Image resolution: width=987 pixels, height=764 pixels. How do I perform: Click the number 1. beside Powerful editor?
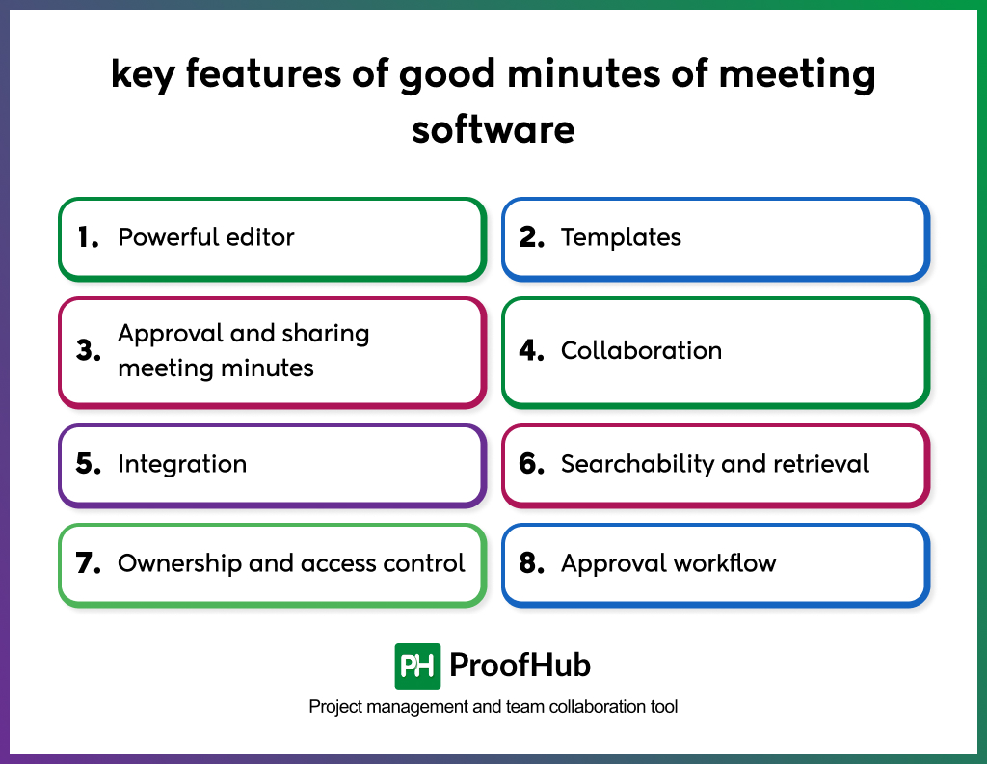point(88,237)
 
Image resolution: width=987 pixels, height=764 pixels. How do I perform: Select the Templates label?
point(621,237)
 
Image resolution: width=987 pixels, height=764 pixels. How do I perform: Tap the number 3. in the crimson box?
point(89,351)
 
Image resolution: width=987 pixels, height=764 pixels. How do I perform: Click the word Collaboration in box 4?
point(641,350)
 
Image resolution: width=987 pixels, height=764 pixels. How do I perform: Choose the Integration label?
point(182,464)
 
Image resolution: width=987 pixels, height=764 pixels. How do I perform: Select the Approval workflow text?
point(668,563)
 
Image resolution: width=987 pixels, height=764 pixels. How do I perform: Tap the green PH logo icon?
point(417,666)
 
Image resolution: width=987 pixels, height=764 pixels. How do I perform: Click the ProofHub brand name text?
point(520,666)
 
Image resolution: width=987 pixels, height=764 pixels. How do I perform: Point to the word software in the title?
point(493,129)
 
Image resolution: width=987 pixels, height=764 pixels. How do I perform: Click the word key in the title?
point(143,74)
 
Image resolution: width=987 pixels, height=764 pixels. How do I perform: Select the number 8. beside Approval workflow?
point(532,563)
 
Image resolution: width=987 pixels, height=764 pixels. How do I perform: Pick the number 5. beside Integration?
point(89,464)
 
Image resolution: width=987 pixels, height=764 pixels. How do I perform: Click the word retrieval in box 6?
point(821,464)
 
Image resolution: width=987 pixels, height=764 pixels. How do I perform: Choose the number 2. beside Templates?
point(532,237)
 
